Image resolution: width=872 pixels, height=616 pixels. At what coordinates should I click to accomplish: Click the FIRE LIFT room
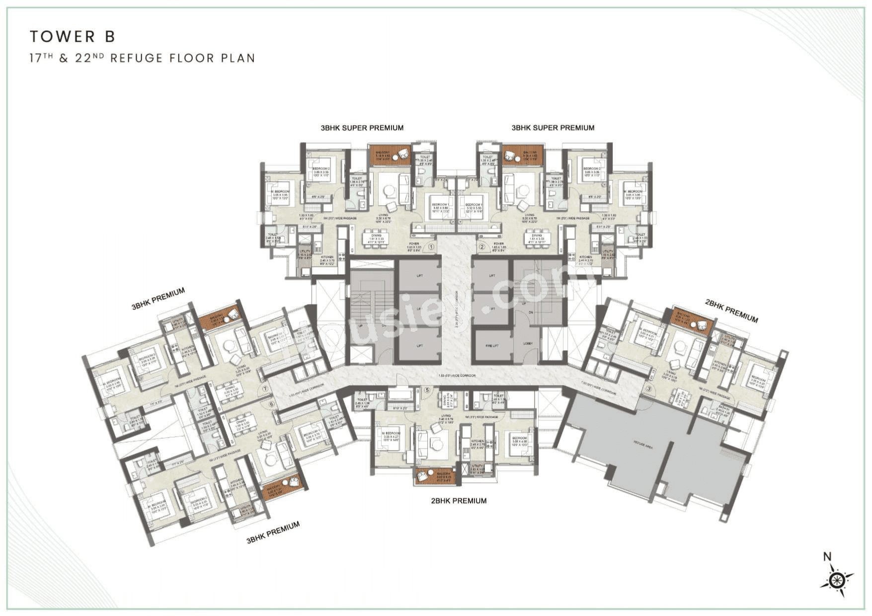point(492,345)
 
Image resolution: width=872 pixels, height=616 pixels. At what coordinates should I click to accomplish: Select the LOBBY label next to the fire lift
point(528,343)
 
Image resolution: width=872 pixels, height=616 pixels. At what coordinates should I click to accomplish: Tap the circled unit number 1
point(431,246)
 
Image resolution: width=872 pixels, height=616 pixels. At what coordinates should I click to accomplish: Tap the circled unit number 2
point(481,246)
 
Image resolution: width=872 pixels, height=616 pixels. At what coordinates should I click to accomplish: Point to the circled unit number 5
point(427,390)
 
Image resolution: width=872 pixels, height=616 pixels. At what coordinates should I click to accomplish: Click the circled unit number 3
point(648,388)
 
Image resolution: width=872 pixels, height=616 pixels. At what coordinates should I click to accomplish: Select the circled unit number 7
point(265,389)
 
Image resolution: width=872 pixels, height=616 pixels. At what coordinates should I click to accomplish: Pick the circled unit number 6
point(271,404)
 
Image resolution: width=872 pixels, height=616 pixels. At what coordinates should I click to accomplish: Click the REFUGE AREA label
point(642,445)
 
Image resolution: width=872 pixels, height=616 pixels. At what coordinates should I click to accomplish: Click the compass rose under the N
point(837,580)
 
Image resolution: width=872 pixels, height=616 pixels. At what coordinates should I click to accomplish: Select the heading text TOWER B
point(73,36)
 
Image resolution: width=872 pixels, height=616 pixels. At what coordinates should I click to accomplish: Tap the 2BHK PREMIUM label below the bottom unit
point(459,501)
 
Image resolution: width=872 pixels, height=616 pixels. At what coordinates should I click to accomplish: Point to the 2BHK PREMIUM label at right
point(731,311)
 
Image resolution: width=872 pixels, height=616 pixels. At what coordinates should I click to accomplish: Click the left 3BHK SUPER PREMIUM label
point(362,128)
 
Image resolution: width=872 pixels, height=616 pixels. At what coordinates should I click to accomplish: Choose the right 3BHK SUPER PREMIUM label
point(553,128)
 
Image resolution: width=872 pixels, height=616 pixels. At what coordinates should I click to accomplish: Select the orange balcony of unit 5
point(435,475)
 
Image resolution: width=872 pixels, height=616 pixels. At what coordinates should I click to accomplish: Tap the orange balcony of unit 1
point(390,155)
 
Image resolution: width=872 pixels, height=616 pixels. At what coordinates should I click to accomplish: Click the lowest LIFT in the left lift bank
point(419,345)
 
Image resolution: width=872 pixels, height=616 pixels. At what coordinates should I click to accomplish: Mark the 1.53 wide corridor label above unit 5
point(457,376)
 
